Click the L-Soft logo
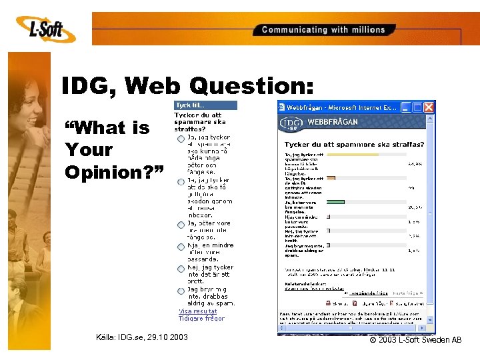coord(45,28)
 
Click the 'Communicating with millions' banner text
coord(323,29)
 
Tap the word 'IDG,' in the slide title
coord(88,85)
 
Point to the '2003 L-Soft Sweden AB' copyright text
coord(416,340)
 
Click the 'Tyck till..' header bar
coord(205,105)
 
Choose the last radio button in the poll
coord(181,291)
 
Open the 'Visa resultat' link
coord(197,311)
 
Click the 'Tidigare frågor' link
coord(201,318)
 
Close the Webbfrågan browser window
coord(429,107)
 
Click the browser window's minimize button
coord(406,107)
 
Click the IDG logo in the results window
coord(291,123)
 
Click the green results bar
coord(335,201)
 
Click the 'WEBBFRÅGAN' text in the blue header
coord(333,122)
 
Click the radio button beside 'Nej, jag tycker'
coord(181,269)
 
